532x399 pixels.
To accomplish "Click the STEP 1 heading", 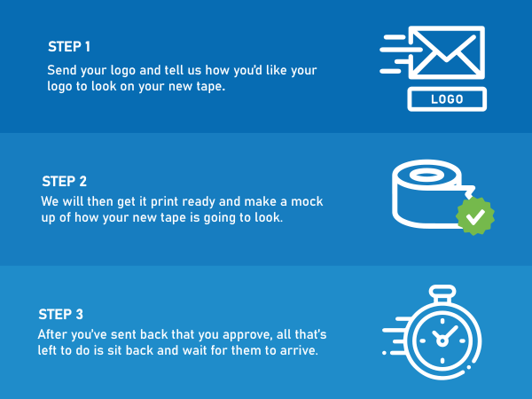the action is [69, 47].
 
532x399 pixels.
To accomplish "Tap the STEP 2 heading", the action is [64, 182].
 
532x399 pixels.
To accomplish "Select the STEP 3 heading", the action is [60, 315].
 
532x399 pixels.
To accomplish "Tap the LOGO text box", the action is [447, 99].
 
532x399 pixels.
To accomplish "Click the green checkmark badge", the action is [475, 216].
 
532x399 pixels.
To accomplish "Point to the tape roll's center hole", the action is [426, 175].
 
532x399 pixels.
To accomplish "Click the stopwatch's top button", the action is [442, 292].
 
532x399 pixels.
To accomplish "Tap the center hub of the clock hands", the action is [442, 340].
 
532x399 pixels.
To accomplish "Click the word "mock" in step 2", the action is [307, 201].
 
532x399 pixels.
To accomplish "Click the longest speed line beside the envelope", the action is [401, 50].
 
